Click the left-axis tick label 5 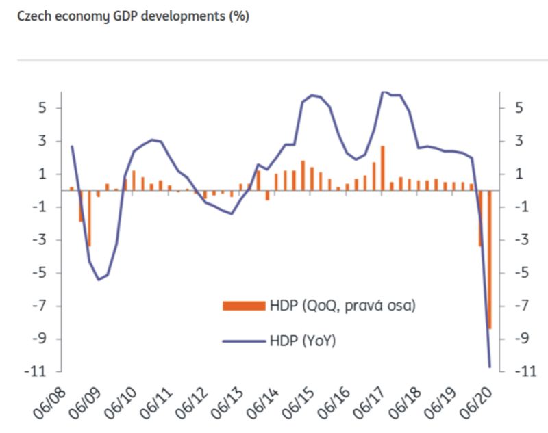click(x=42, y=108)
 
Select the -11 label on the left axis click(x=37, y=371)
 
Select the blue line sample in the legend click(x=243, y=339)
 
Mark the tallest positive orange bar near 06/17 click(x=383, y=168)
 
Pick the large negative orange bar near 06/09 click(x=89, y=219)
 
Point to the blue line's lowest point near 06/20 click(x=490, y=367)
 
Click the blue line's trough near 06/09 click(x=99, y=279)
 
